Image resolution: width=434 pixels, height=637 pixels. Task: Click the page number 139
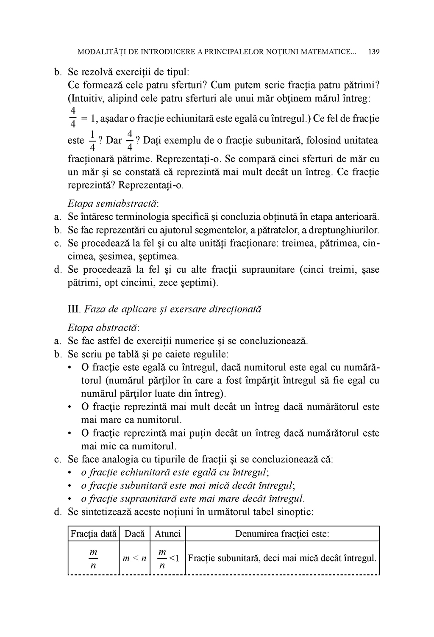(374, 52)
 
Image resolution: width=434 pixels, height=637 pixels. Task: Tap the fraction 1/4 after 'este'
(92, 141)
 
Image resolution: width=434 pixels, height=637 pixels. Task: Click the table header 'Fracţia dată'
(94, 534)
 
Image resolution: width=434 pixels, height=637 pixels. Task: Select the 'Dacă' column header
(135, 534)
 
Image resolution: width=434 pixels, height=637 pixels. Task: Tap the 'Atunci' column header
(168, 534)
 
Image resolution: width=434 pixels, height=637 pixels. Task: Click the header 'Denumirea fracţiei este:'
(282, 534)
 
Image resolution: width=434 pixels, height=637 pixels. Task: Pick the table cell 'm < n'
(134, 558)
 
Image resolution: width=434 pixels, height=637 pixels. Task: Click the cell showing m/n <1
(168, 558)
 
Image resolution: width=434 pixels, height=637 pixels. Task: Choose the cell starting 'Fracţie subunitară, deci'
(282, 558)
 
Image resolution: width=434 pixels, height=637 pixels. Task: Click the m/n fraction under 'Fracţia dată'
(93, 559)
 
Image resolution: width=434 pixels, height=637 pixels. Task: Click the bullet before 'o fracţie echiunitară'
(70, 473)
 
